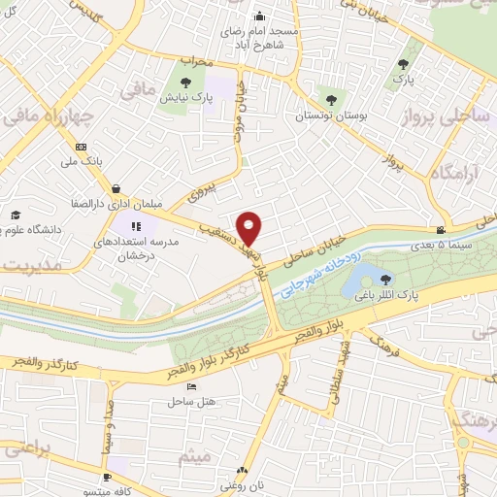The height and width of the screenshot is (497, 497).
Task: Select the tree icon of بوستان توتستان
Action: coord(332,98)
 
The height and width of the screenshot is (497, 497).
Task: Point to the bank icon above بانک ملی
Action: coord(80,147)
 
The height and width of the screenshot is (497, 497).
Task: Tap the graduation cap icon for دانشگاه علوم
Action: coord(15,215)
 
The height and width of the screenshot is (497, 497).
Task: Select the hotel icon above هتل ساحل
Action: coord(191,386)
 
